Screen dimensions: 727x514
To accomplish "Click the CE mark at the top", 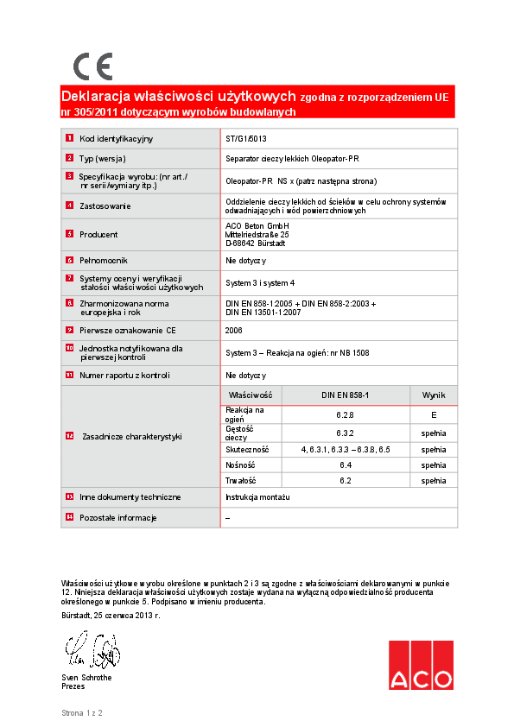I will [92, 66].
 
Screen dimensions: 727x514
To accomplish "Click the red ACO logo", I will [420, 665].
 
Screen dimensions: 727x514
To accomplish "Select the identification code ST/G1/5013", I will [246, 138].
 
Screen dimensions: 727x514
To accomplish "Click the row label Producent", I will [98, 234].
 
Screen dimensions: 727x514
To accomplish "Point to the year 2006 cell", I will [234, 330].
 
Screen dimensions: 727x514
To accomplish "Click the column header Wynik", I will [434, 395].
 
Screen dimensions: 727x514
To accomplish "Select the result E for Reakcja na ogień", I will [434, 414].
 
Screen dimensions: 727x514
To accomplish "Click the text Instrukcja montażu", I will [257, 497].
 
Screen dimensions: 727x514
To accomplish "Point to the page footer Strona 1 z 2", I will [82, 713].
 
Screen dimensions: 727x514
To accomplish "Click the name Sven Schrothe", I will [86, 677].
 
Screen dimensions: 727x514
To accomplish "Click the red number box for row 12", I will [70, 436].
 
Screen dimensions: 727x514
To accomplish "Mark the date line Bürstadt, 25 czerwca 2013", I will [111, 616].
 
